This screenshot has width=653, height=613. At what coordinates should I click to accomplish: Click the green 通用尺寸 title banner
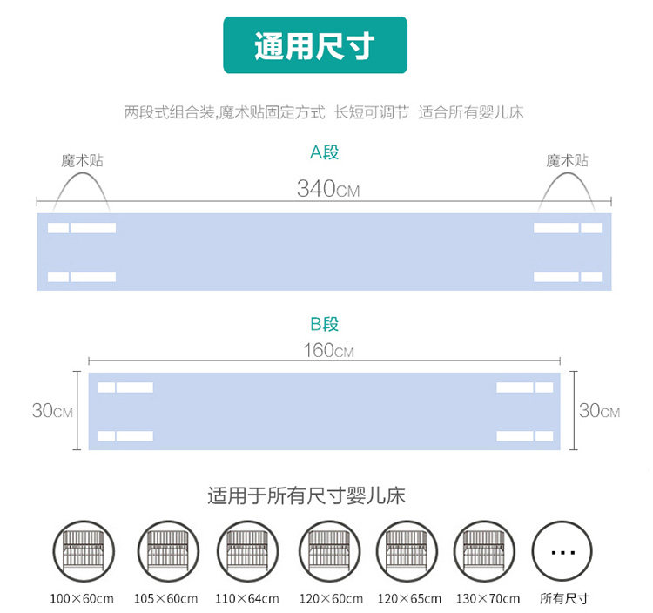(x=315, y=44)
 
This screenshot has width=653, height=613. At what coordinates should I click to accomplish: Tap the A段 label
(x=325, y=153)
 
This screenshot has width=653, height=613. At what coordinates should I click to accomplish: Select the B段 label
(x=325, y=325)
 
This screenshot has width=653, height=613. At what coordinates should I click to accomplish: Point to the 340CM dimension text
(x=327, y=189)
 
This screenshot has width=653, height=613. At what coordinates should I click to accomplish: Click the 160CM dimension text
(x=328, y=351)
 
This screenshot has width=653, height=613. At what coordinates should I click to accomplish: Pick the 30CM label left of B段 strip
(x=52, y=411)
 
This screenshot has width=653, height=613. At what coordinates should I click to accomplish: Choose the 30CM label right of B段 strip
(x=599, y=411)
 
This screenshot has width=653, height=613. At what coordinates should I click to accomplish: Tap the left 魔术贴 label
(x=81, y=161)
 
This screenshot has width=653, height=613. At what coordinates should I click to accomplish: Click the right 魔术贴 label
(x=567, y=161)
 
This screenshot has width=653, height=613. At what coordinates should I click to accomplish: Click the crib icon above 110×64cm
(x=246, y=551)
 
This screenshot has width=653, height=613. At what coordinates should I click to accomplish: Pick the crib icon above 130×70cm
(x=486, y=551)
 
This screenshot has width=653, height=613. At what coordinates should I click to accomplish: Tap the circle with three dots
(x=563, y=551)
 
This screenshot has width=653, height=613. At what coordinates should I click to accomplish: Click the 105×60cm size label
(x=165, y=599)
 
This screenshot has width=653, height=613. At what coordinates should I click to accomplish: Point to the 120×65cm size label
(x=409, y=599)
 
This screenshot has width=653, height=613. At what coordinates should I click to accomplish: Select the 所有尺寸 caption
(x=564, y=599)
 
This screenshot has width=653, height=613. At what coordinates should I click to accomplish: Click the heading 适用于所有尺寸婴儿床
(x=306, y=497)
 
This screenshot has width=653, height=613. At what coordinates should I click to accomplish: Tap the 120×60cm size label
(x=329, y=599)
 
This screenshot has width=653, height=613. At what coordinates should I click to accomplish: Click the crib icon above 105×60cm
(x=166, y=551)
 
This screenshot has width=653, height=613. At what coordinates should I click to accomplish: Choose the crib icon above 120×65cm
(x=407, y=551)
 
